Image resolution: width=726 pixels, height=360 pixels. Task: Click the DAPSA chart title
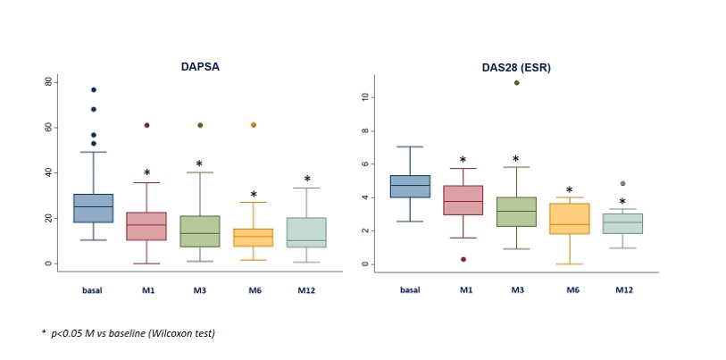point(201,65)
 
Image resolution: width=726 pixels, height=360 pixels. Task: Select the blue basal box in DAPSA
point(93,208)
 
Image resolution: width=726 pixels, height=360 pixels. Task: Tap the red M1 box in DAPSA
point(146,226)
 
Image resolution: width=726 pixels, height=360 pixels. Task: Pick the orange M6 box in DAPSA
point(253,238)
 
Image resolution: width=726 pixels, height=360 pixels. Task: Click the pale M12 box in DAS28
point(622,223)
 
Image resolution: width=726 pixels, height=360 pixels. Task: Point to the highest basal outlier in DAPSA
point(93,89)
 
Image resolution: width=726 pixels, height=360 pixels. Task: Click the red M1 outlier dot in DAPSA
point(146,125)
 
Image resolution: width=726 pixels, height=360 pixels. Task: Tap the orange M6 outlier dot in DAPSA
point(253,125)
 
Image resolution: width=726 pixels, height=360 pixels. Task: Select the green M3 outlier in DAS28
point(516,83)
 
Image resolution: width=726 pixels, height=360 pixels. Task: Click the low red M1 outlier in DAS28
point(463,259)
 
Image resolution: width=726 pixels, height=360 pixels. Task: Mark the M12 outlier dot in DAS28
point(622,184)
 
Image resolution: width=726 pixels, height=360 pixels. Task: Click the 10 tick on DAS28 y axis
point(364,97)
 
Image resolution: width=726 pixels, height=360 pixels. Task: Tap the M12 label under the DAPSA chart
point(306,289)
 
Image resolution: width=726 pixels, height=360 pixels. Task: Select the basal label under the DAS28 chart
point(409,289)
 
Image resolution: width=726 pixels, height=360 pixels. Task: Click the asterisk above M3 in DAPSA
point(199,164)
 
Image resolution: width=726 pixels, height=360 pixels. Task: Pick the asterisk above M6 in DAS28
point(569,190)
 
